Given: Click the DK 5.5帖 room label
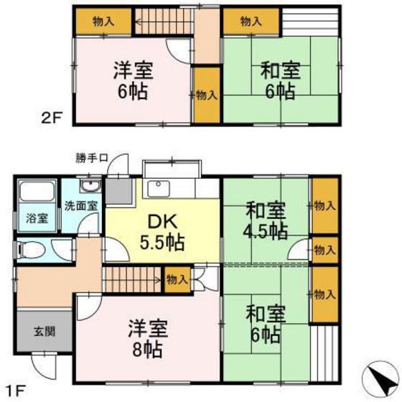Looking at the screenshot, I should coord(162,232).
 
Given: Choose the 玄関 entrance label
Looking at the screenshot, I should coord(42,332).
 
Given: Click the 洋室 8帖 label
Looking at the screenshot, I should coord(148,341).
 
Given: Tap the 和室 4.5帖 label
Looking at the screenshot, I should coord(266,221).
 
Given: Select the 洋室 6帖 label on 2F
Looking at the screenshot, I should coord(134,82).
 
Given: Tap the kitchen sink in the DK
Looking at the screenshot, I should coord(157,188).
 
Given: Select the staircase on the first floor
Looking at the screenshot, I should coord(133,276).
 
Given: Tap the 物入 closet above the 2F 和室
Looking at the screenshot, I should coord(251,22).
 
